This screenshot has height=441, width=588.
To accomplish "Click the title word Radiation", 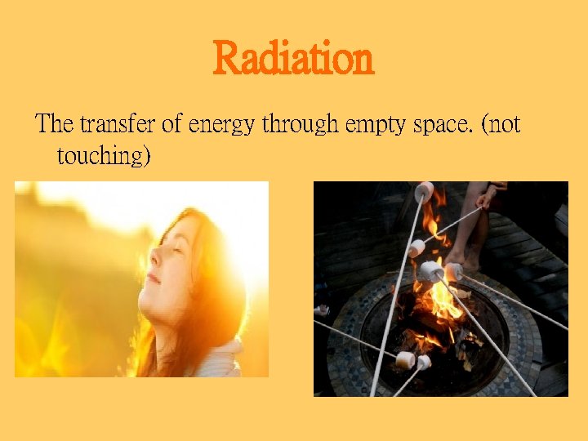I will click(293, 59).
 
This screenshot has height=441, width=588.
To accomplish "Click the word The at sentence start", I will click(55, 124).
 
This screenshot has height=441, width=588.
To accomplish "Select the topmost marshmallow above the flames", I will click(424, 192).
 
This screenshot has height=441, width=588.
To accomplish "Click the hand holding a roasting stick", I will click(487, 197).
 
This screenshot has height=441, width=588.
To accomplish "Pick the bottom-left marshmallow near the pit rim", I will click(403, 359).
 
